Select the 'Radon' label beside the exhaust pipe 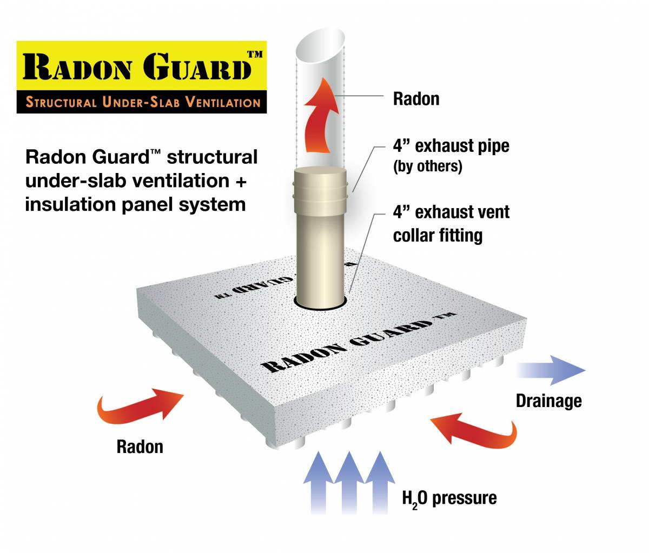[416, 99]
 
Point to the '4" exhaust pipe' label [451, 146]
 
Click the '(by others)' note [427, 166]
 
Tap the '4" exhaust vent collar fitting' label [451, 223]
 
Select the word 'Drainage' [548, 401]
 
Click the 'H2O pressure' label [449, 497]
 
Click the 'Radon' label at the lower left [140, 447]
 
